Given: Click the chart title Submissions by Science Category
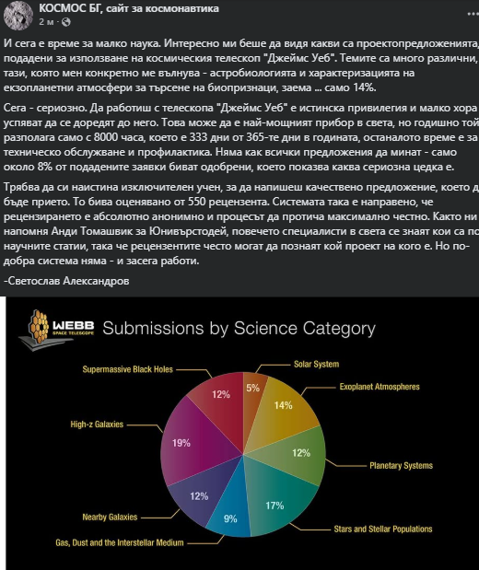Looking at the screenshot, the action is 238,329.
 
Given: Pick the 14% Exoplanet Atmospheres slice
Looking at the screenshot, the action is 281,406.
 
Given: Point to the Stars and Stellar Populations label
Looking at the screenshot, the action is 382,529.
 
